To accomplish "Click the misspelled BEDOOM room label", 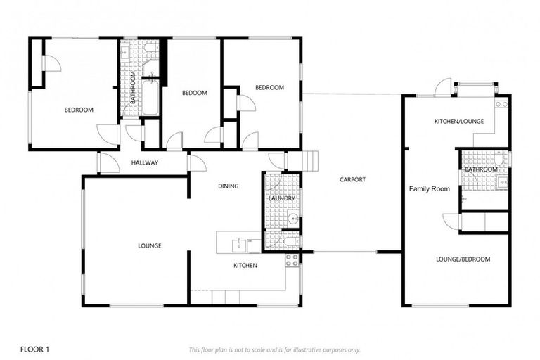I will [195, 93].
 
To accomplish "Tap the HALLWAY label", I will [145, 163].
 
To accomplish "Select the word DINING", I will [229, 186].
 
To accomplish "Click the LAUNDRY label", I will [281, 199].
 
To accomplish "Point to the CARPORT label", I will [352, 179].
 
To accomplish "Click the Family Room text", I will [430, 189].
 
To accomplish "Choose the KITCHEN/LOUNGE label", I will [458, 122].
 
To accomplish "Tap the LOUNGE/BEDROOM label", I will [463, 259].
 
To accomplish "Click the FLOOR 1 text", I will [35, 349].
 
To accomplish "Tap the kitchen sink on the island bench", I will [240, 244].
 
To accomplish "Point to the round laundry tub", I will [293, 219].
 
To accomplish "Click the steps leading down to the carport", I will [310, 161].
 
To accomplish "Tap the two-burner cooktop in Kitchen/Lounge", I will [501, 104].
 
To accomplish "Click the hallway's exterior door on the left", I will [108, 163].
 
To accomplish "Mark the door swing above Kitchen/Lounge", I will [443, 87].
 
